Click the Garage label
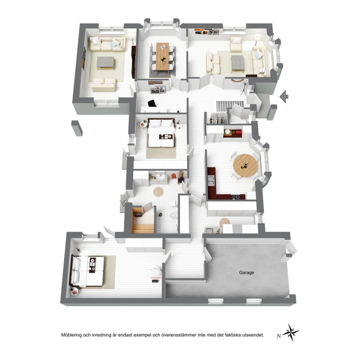(x=246, y=273)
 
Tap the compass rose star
(x=291, y=332)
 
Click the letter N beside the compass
(x=279, y=336)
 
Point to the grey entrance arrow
(x=284, y=97)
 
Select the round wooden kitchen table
(x=245, y=165)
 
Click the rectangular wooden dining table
(x=163, y=56)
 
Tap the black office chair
(x=152, y=103)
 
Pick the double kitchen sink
(x=211, y=180)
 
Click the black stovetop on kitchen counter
(x=236, y=197)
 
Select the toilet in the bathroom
(x=172, y=204)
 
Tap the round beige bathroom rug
(x=158, y=192)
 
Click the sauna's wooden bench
(x=142, y=229)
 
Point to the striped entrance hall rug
(x=230, y=106)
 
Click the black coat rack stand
(x=244, y=87)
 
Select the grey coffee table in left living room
(x=106, y=63)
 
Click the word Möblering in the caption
(x=71, y=335)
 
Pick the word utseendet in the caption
(x=254, y=335)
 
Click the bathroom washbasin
(x=160, y=177)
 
